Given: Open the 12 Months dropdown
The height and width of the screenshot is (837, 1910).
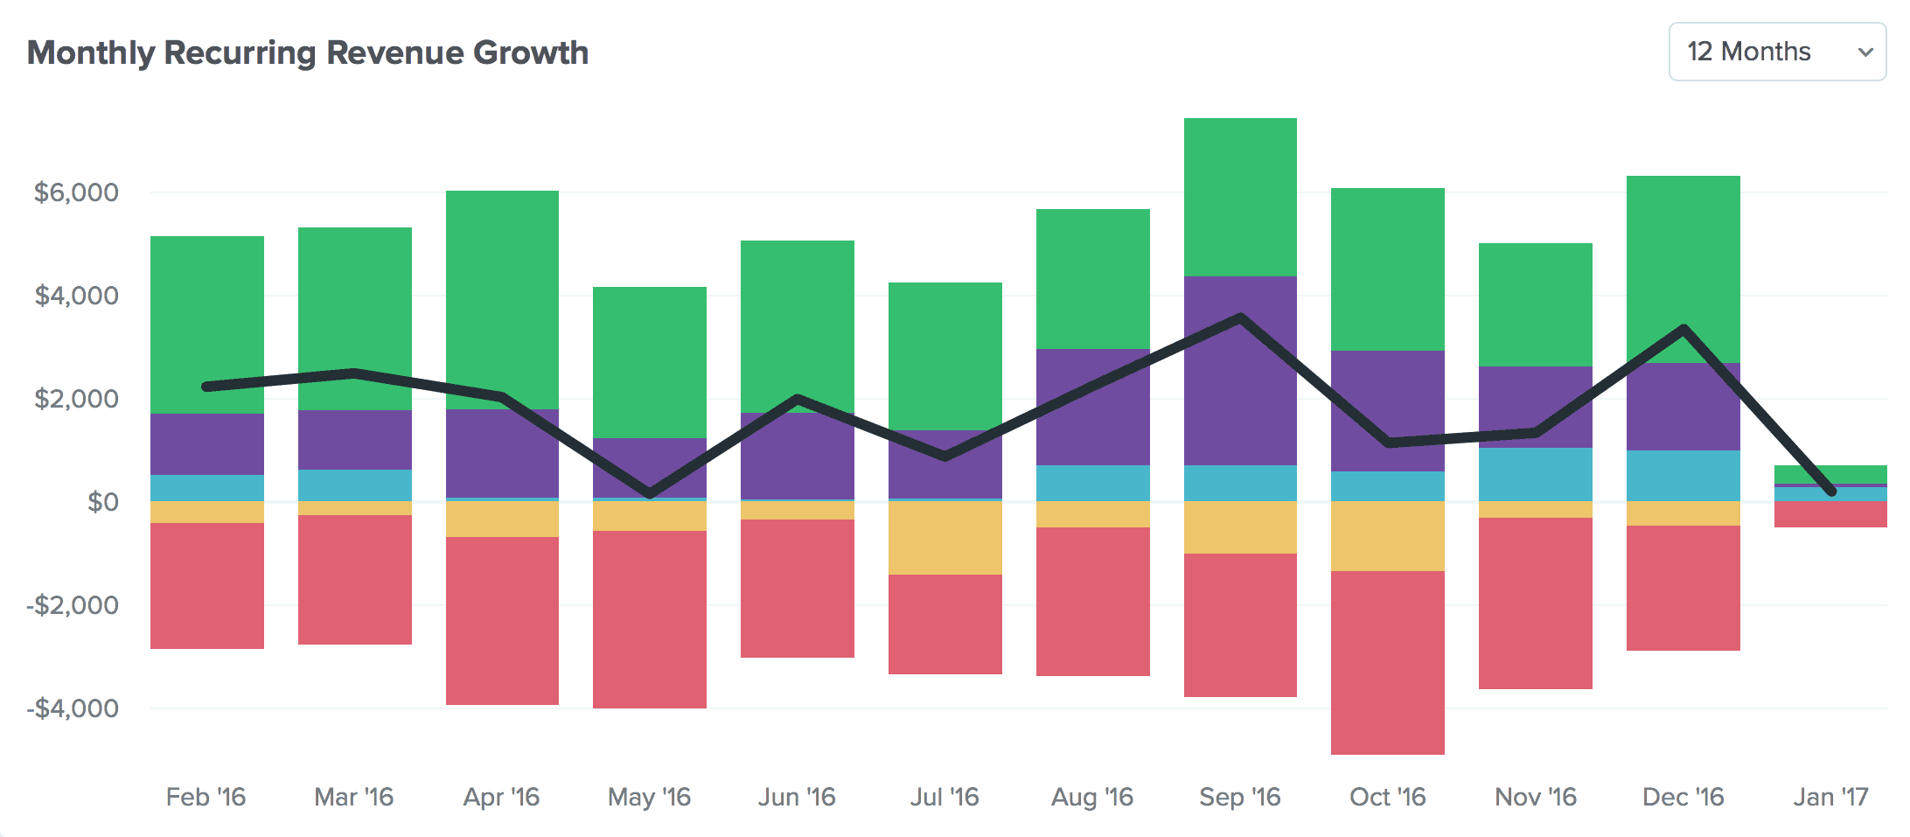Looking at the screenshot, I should pyautogui.click(x=1776, y=52).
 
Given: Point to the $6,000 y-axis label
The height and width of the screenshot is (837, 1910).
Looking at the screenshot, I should pyautogui.click(x=76, y=192).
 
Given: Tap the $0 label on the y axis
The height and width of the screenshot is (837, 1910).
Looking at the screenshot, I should pyautogui.click(x=102, y=502).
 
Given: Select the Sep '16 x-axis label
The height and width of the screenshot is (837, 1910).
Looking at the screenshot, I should pyautogui.click(x=1239, y=797).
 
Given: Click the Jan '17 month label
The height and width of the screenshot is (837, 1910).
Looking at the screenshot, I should pyautogui.click(x=1830, y=797).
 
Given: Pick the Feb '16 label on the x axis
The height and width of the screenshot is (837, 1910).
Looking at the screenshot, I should pyautogui.click(x=206, y=797).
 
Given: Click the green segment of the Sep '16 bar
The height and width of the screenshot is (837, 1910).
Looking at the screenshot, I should pyautogui.click(x=1240, y=197).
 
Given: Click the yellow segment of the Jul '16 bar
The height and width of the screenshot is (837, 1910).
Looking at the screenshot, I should pyautogui.click(x=945, y=537).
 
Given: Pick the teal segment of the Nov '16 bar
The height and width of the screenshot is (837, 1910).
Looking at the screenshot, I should pyautogui.click(x=1535, y=474).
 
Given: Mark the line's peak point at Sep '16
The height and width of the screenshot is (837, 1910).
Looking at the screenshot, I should pyautogui.click(x=1240, y=317).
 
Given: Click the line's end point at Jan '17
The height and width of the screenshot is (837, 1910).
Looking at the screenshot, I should pyautogui.click(x=1831, y=492).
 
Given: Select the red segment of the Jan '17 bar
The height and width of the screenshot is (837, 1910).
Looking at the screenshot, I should pyautogui.click(x=1830, y=514).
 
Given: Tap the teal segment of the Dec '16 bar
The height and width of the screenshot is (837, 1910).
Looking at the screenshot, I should pyautogui.click(x=1683, y=476).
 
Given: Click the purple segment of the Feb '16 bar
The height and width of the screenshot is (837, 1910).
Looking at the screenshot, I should pyautogui.click(x=206, y=444).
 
